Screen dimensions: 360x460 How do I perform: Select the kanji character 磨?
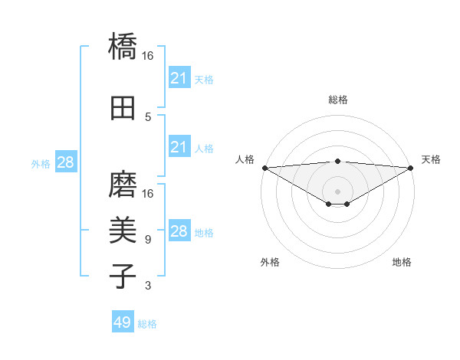tap(123, 184)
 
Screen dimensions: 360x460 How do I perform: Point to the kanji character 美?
tap(123, 230)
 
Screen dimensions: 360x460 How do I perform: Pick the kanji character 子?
tap(123, 276)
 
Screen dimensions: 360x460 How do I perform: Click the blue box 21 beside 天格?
tap(179, 78)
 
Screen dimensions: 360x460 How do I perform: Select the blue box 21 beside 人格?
tap(179, 147)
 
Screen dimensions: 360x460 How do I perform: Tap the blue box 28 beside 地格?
tap(179, 231)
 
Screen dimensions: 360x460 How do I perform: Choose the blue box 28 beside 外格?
tap(65, 162)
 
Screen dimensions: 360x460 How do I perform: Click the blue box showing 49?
tap(122, 322)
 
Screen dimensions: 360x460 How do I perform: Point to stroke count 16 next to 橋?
tap(148, 56)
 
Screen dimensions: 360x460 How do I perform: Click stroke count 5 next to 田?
tap(148, 116)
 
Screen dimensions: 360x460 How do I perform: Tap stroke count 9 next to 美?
tap(148, 240)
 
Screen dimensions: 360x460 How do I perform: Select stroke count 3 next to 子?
tap(148, 286)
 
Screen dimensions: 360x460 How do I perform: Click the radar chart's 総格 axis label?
tap(337, 100)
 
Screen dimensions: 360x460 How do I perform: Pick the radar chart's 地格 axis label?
tap(402, 262)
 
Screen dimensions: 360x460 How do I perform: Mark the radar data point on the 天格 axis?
tap(411, 167)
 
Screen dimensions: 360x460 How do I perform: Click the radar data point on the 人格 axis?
tap(264, 167)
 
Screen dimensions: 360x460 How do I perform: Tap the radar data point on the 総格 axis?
tap(337, 161)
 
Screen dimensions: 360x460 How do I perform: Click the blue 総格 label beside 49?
tap(147, 324)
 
